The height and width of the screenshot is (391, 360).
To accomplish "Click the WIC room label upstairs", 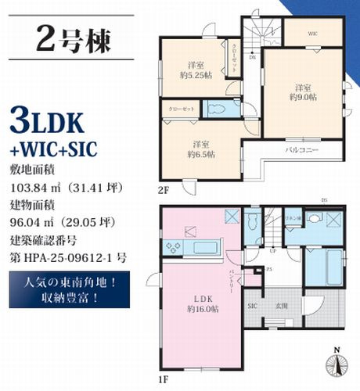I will [311, 34].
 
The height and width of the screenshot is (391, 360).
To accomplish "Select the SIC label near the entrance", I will [253, 306].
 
